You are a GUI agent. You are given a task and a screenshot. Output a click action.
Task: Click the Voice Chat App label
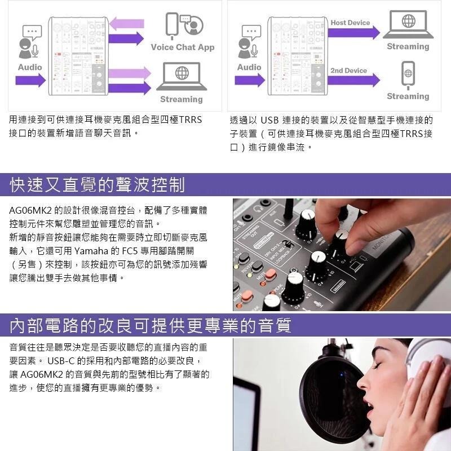182,47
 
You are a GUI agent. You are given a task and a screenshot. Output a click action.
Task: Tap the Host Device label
350,23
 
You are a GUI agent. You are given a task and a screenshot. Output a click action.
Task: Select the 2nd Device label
348,70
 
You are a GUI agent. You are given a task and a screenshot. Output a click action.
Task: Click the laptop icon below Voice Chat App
182,77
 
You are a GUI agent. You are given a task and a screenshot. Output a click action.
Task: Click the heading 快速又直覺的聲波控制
97,184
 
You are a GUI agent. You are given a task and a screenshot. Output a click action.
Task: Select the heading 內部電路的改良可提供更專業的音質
151,325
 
